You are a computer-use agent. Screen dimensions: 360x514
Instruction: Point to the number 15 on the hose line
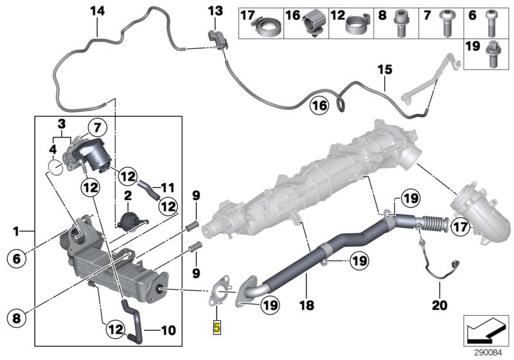(384, 69)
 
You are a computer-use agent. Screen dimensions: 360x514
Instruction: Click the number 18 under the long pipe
(307, 306)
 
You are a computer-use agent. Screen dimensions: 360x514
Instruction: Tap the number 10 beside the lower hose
(168, 331)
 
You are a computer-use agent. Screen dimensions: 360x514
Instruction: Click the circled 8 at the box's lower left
(17, 317)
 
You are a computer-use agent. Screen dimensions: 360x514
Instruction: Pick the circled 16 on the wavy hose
(319, 105)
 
